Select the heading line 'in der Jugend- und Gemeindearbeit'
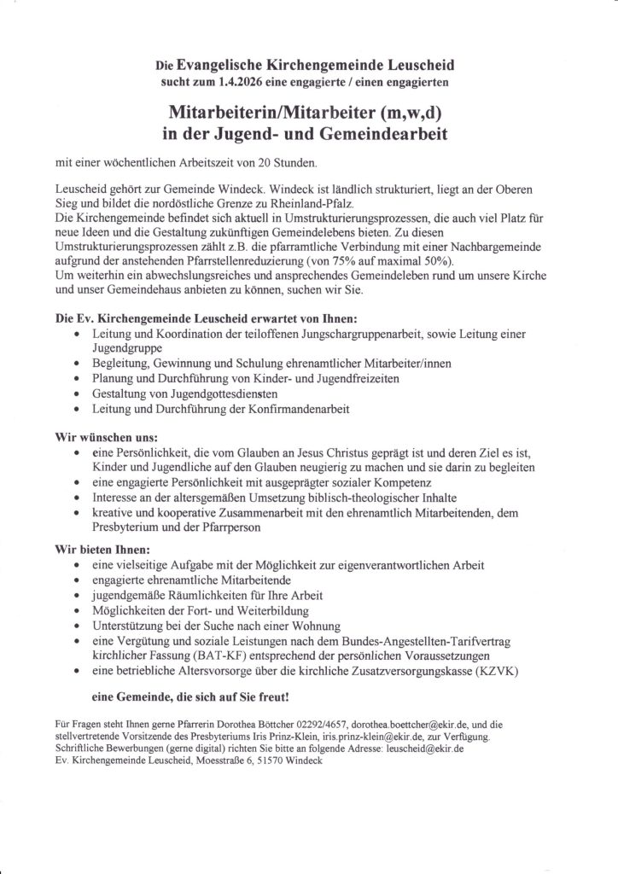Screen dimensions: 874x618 point(308,134)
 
